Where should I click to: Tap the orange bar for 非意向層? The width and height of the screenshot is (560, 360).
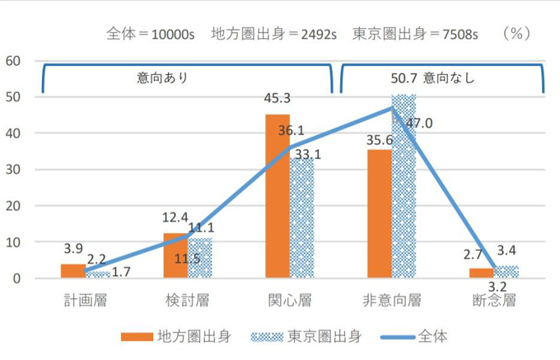380,213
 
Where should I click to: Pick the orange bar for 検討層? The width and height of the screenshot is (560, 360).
175,255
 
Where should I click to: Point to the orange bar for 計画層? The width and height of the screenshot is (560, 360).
72,271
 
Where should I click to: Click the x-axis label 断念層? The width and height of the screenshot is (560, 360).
494,299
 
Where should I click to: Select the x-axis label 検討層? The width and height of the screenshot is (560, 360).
187,299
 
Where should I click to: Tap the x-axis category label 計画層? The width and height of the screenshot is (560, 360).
85,299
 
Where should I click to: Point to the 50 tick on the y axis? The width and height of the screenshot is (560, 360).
15,97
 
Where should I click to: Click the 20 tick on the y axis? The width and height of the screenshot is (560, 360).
15,206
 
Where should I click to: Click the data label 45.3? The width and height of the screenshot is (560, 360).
277,99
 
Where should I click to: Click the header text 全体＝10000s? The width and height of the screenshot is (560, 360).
152,34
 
